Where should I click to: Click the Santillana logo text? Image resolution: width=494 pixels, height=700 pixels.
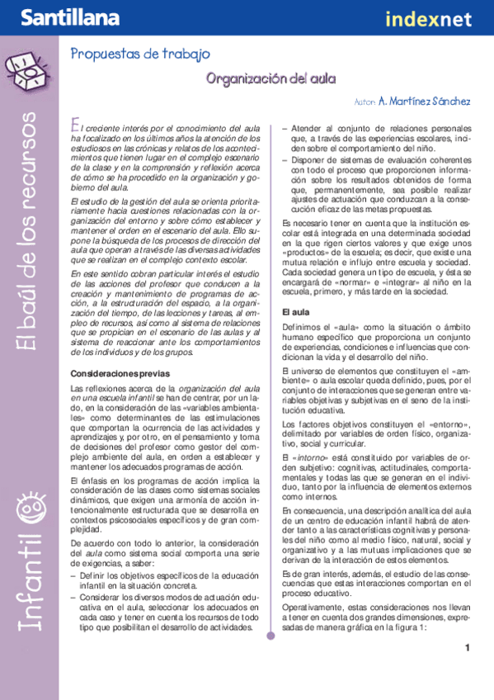click(x=59, y=17)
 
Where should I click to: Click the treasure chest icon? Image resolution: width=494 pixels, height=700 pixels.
click(x=25, y=71)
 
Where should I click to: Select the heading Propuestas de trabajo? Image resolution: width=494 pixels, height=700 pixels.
click(x=139, y=54)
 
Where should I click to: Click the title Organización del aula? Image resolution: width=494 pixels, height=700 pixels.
click(x=271, y=78)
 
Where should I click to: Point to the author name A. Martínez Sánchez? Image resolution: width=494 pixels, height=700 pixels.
click(x=424, y=102)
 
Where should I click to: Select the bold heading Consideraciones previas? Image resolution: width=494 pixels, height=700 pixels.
click(x=120, y=374)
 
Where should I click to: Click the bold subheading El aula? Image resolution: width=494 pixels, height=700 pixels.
click(x=295, y=313)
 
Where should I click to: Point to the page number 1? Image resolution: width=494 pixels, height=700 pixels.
click(x=467, y=648)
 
